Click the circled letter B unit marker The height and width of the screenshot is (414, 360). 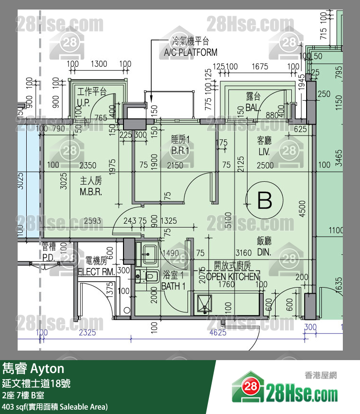(265, 200)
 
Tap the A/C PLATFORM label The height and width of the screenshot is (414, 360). (190, 52)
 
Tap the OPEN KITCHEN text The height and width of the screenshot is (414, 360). (233, 277)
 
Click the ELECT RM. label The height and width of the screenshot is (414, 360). (95, 272)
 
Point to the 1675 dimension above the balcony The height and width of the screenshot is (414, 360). (260, 67)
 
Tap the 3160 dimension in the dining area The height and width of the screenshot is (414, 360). (243, 253)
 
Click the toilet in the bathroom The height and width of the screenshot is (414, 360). (151, 276)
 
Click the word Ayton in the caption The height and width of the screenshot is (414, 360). (47, 369)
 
